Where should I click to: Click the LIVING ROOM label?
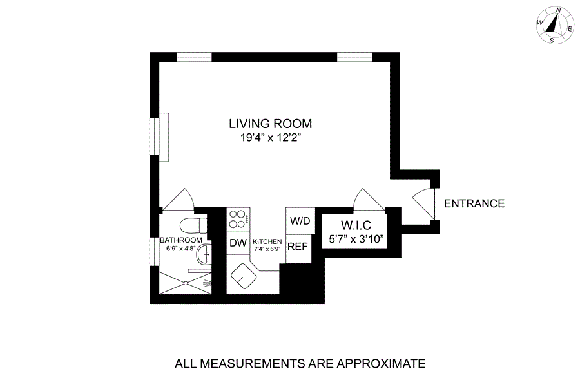click(271, 124)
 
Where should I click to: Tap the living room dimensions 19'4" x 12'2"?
click(271, 138)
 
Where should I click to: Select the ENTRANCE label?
click(474, 203)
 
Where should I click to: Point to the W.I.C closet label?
click(356, 225)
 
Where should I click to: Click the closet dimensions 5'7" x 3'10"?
click(355, 239)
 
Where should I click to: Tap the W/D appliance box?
click(300, 221)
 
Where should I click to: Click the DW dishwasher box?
click(238, 243)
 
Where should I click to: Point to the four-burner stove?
click(238, 219)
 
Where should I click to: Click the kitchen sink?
click(244, 276)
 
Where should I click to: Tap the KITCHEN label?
click(267, 241)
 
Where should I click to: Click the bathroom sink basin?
click(204, 255)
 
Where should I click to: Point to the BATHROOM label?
click(181, 240)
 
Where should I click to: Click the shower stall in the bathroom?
click(186, 283)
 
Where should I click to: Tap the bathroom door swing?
click(179, 200)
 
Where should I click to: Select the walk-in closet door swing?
click(369, 200)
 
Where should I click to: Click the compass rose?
click(556, 25)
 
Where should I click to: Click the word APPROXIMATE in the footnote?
click(381, 364)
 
